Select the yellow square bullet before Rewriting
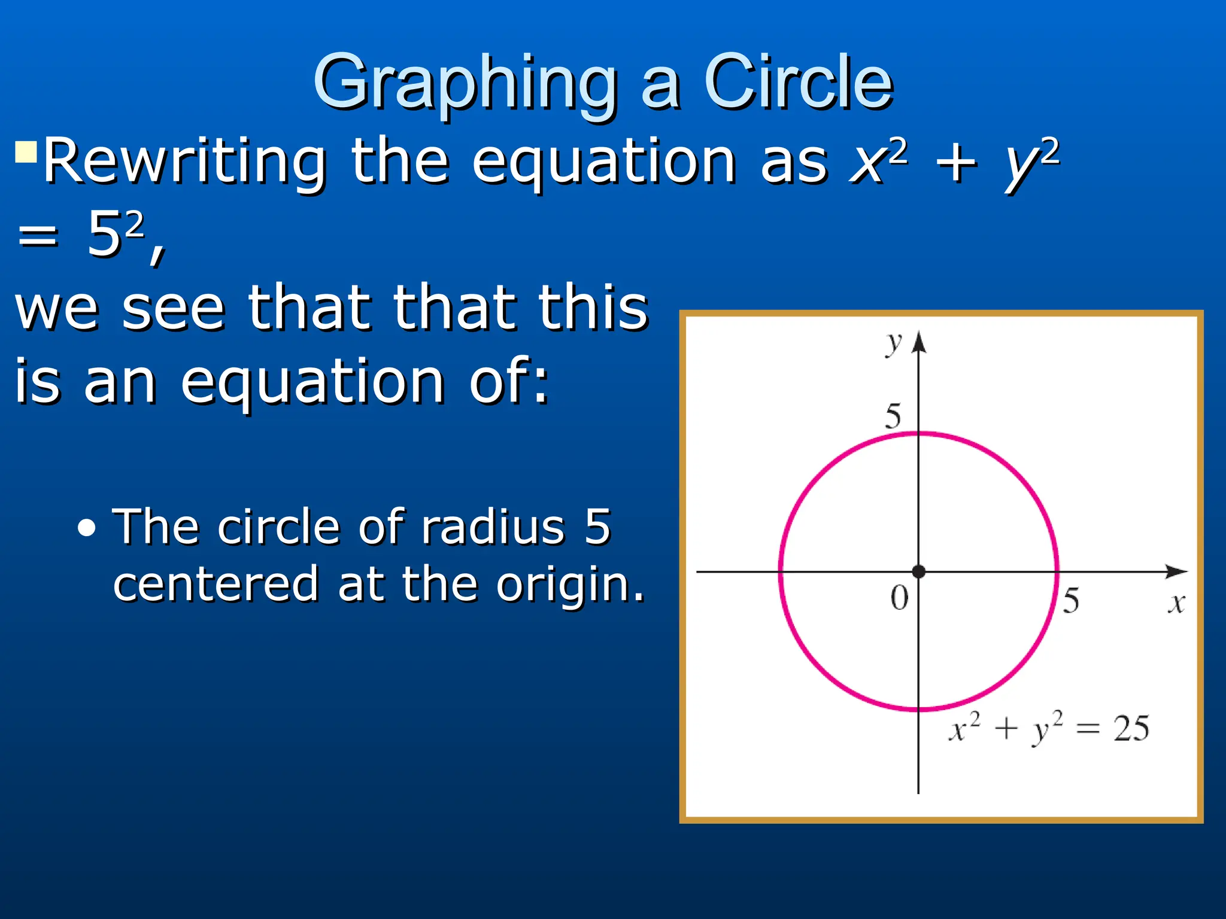[x=26, y=152]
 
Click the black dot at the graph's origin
[x=919, y=571]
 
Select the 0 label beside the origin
[x=899, y=598]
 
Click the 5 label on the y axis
[x=893, y=416]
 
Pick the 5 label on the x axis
[x=1071, y=601]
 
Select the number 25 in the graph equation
[x=1131, y=729]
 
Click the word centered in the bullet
[x=216, y=584]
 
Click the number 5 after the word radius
[x=597, y=527]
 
